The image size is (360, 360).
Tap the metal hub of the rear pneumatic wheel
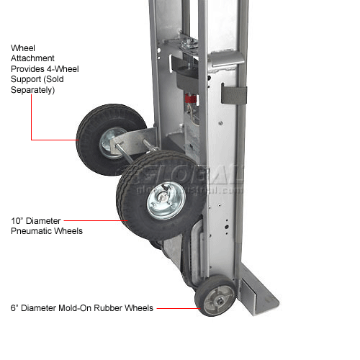coord(109,143)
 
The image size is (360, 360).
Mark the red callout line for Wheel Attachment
coord(54,139)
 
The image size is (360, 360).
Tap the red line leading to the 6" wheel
coord(178,309)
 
